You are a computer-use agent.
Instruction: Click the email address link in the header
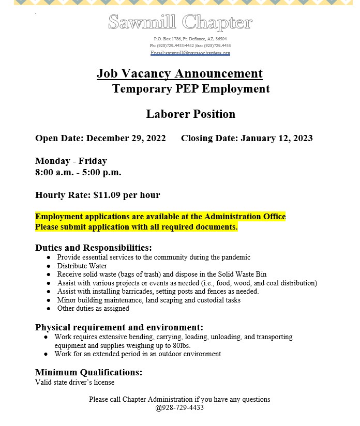(x=190, y=53)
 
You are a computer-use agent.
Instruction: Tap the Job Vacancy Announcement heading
(x=179, y=73)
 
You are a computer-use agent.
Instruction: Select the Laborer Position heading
(x=190, y=114)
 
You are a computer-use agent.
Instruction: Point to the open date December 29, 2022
(x=126, y=138)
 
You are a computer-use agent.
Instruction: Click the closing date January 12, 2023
(x=276, y=138)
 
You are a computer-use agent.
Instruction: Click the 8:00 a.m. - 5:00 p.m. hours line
(x=78, y=172)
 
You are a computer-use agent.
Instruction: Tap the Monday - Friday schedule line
(x=71, y=161)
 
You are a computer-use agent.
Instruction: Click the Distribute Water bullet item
(x=82, y=266)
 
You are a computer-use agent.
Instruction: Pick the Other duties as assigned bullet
(x=93, y=309)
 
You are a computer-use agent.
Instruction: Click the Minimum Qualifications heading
(x=88, y=372)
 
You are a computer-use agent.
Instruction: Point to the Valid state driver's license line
(x=74, y=383)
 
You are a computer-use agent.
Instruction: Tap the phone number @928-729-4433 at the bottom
(x=179, y=407)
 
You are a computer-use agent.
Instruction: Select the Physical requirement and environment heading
(x=119, y=327)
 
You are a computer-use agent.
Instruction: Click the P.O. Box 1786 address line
(x=190, y=39)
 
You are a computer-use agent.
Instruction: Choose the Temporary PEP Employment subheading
(x=191, y=89)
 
